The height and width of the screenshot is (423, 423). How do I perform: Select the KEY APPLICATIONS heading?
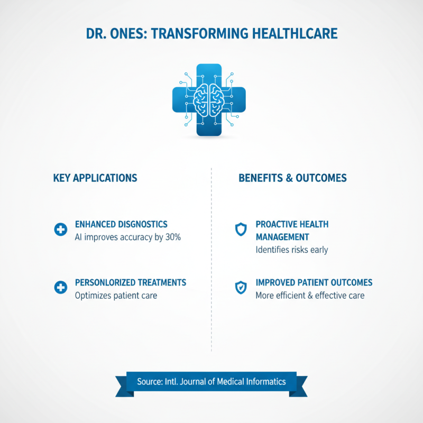[95, 178]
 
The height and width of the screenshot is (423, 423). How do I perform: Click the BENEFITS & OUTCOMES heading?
[293, 178]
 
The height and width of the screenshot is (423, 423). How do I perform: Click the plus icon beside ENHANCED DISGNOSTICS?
[61, 230]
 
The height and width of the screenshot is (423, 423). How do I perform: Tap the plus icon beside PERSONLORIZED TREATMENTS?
[61, 288]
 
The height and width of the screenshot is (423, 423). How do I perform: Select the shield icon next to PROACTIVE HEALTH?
[241, 229]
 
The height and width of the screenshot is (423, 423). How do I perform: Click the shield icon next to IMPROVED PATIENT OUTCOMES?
[241, 288]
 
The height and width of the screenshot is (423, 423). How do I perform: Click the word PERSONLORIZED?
[109, 282]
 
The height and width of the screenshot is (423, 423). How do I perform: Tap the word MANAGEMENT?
[282, 237]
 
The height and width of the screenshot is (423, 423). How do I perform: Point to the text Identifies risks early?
[292, 250]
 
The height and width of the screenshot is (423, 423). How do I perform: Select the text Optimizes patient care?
[116, 296]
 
